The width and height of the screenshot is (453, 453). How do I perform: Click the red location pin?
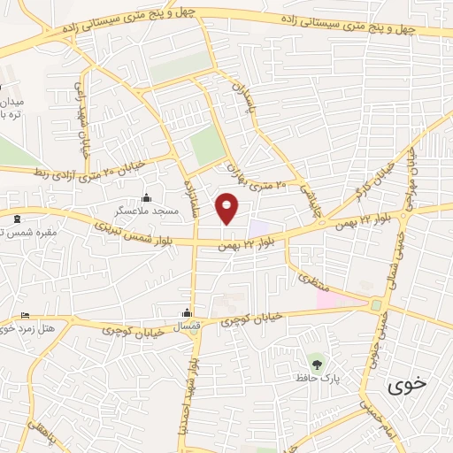point(227,208)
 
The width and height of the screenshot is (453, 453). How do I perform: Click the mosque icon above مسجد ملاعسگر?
point(146,197)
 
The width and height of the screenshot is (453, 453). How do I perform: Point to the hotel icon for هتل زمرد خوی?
point(25,316)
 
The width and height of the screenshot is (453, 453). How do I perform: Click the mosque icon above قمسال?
point(187,312)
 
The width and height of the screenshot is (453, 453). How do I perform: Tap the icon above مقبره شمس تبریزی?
point(17,218)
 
